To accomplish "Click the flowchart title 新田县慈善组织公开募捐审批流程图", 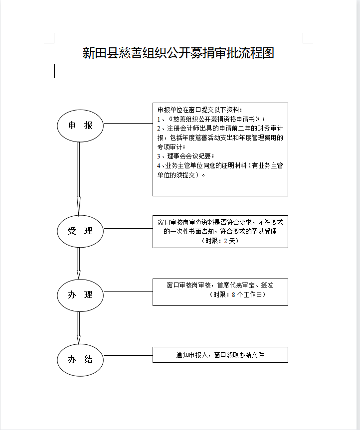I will (x=179, y=53).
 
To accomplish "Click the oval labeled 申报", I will (x=80, y=126).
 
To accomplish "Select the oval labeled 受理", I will (x=80, y=231).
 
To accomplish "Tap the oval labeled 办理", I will (x=80, y=295).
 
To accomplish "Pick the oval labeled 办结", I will (x=80, y=360).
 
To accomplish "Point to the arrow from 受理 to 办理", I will (x=78, y=263).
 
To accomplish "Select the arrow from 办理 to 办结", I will (x=78, y=327).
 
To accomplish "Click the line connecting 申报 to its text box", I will (x=128, y=123).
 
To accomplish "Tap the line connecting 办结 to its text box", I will (x=128, y=356).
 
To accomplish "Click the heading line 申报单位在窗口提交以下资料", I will (x=200, y=110).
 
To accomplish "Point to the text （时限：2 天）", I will (x=220, y=241).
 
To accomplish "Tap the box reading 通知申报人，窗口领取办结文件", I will (x=220, y=355).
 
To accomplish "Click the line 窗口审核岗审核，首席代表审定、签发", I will (x=220, y=286).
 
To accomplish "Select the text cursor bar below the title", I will (x=54, y=71).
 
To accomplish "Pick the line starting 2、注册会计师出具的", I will (x=220, y=129).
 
